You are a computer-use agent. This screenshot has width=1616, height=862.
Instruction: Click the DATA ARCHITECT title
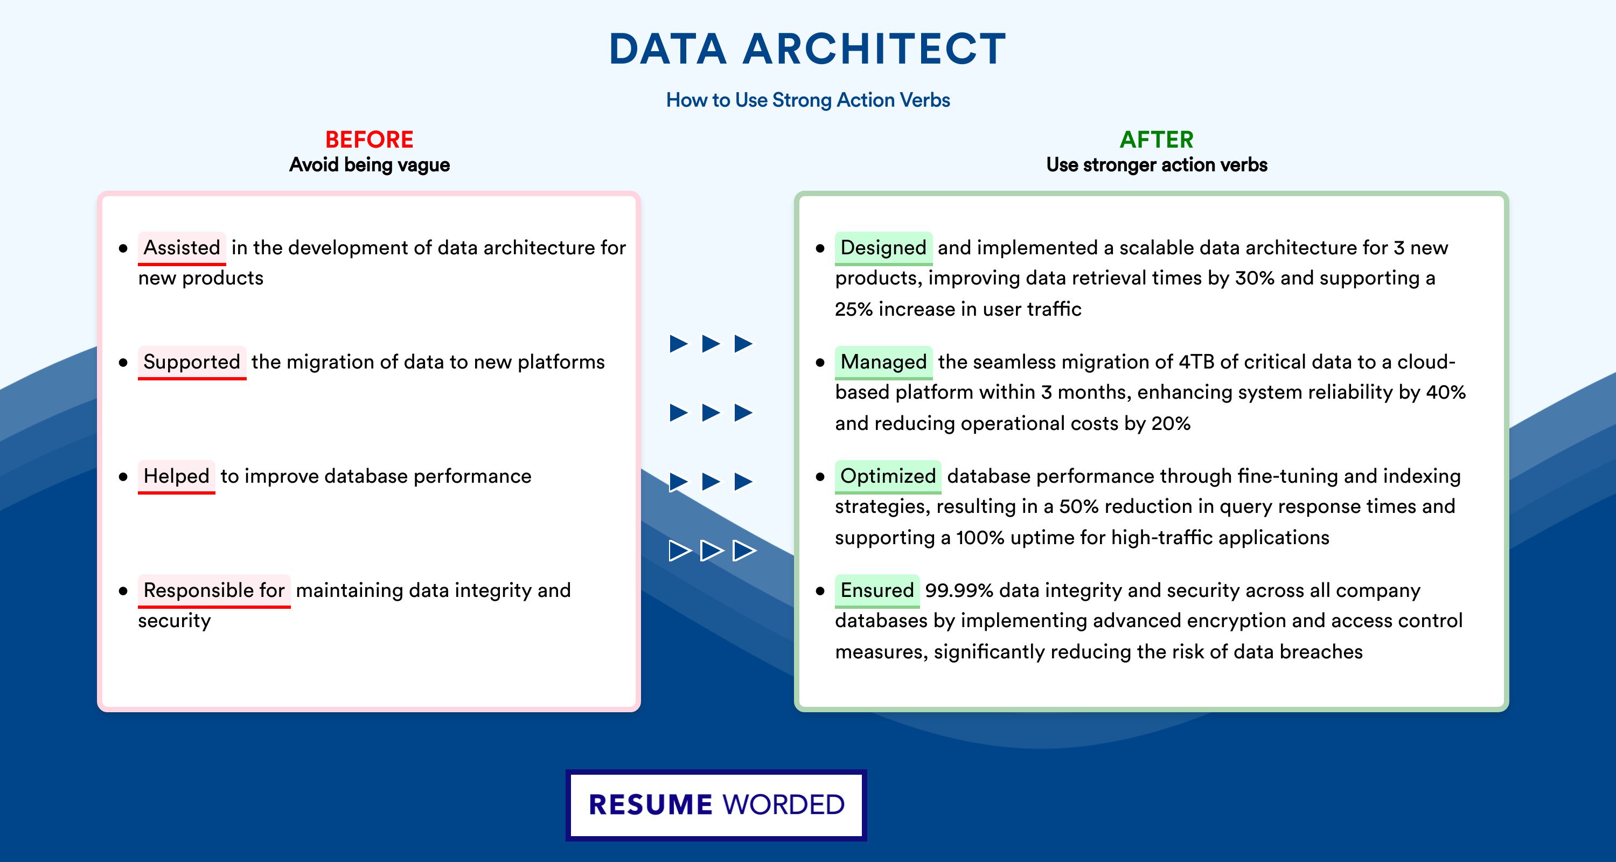[807, 49]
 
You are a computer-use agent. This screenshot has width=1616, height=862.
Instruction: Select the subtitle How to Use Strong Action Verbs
[808, 100]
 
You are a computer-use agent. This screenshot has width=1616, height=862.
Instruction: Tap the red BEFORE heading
[370, 140]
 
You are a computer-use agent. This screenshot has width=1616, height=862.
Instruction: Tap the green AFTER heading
[1157, 140]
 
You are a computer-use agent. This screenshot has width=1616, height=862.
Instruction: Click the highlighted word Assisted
[182, 248]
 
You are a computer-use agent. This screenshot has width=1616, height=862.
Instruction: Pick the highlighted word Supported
[192, 362]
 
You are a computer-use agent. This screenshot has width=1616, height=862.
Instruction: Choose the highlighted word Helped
[176, 476]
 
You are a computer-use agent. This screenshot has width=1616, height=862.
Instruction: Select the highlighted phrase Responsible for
[214, 590]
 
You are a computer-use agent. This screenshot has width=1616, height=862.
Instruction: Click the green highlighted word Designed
[883, 248]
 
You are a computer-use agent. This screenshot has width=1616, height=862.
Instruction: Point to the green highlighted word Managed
[883, 362]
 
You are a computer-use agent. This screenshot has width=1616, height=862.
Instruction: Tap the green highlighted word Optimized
[888, 476]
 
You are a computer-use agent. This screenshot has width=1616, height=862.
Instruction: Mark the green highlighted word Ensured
[877, 590]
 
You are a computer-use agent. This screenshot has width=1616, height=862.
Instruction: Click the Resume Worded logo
[716, 805]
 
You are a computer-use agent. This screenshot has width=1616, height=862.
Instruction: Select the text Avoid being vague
[370, 165]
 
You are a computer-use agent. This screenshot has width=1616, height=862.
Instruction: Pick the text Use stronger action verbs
[1157, 165]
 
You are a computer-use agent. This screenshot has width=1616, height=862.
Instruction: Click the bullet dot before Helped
[123, 477]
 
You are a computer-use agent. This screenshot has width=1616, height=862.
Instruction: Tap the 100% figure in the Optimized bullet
[980, 538]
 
